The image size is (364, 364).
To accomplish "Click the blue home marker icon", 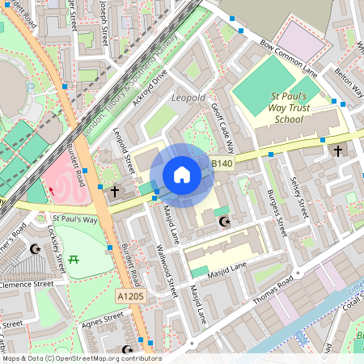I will coord(182,175).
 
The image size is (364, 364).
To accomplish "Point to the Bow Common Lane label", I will coord(287,55).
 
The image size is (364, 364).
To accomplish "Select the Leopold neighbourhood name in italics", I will coord(188,98).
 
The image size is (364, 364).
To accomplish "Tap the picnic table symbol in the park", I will coord(74,259).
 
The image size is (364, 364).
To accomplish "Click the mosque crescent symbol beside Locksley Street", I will coord(35,249).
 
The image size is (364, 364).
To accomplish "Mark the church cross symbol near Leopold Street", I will coord(115,192).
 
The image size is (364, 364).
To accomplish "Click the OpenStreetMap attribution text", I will coord(81,358).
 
